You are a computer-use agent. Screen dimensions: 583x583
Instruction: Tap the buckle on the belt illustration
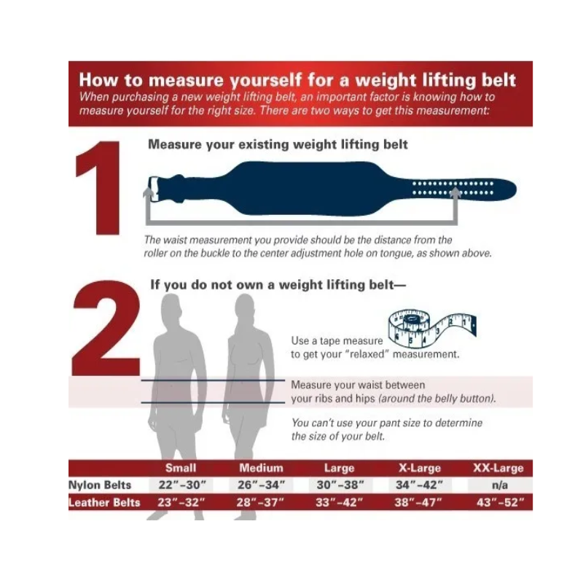153,189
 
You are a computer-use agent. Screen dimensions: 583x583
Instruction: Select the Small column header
180,468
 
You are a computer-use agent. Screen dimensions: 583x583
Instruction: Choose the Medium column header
261,468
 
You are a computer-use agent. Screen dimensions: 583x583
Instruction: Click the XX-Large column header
498,468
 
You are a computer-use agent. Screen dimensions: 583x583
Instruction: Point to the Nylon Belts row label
100,485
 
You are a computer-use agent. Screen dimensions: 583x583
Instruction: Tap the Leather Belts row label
104,503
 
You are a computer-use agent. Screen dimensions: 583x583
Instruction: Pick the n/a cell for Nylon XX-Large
499,485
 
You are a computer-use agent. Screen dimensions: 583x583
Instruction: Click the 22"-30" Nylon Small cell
181,485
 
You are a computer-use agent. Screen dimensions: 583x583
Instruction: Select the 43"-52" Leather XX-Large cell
500,503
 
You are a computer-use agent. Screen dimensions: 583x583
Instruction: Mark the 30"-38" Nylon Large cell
340,485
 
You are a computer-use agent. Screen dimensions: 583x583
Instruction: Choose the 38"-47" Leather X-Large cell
418,503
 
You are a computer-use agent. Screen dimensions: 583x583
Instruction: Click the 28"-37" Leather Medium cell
260,503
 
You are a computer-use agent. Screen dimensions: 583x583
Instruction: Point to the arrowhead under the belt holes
455,192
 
